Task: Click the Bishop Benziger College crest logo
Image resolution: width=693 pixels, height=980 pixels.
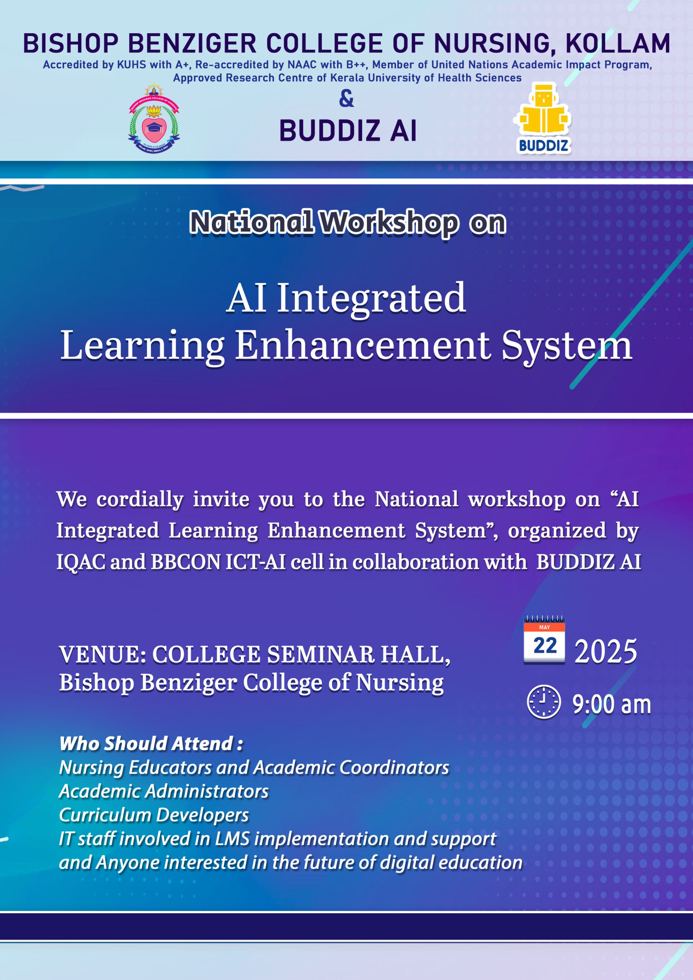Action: click(x=154, y=118)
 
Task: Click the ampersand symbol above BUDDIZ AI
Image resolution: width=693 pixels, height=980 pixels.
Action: click(x=346, y=99)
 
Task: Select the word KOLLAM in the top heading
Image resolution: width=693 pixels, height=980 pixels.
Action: click(x=618, y=44)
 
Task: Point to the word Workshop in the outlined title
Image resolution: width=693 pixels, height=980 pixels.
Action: click(x=389, y=222)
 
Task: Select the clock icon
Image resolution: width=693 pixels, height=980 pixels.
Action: click(x=544, y=702)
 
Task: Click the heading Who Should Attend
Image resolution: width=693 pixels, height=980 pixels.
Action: click(x=151, y=743)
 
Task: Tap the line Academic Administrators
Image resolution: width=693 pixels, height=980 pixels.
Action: click(x=164, y=791)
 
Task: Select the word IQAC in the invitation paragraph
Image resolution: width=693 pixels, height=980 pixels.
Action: click(x=81, y=562)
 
